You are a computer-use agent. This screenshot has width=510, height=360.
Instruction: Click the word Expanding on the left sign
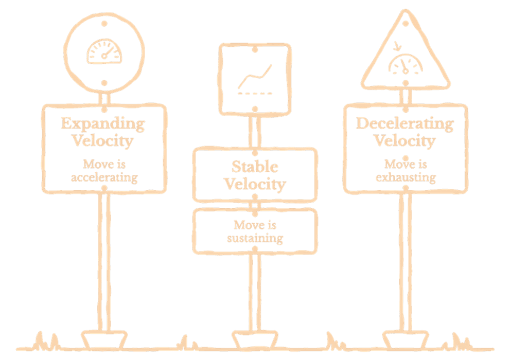[x=103, y=124]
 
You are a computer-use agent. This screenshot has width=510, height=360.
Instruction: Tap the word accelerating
[x=104, y=178]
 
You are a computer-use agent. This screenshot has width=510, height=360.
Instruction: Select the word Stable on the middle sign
[x=255, y=167]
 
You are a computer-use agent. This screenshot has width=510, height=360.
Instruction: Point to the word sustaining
[x=255, y=239]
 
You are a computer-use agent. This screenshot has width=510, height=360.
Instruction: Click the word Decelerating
[x=405, y=124]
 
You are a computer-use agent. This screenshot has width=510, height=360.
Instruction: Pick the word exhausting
[x=406, y=178]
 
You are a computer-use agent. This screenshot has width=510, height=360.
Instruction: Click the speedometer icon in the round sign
[x=104, y=51]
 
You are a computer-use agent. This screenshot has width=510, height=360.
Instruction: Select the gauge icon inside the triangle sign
[x=406, y=64]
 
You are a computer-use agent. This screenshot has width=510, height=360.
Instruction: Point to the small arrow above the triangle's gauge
[x=397, y=46]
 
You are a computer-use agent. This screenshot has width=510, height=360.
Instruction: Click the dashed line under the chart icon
[x=255, y=94]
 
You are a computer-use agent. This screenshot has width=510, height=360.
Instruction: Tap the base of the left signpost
[x=104, y=340]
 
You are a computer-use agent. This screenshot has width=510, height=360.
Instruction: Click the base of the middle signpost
[x=255, y=340]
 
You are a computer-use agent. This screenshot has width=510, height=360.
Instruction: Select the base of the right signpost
[x=406, y=340]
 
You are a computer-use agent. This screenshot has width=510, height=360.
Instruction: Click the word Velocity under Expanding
[x=103, y=141]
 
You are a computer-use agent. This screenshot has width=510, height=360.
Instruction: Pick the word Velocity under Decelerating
[x=405, y=141]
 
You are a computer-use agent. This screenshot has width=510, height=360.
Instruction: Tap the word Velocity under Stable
[x=255, y=184]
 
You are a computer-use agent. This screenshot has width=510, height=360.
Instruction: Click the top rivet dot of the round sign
[x=104, y=23]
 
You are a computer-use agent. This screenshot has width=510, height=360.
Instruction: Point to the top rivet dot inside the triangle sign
[x=406, y=23]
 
